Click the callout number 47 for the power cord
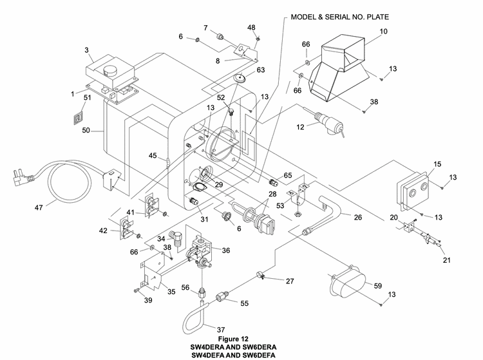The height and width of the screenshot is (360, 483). [39, 207]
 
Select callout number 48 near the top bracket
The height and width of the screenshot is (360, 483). [251, 28]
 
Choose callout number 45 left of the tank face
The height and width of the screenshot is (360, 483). [152, 155]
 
